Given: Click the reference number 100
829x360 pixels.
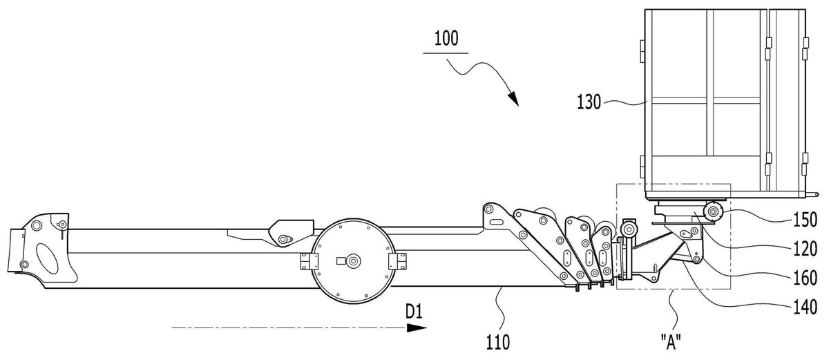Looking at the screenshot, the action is coord(446,39).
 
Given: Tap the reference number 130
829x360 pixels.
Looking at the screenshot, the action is coord(589,102).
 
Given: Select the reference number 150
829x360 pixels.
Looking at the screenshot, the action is coord(806,220).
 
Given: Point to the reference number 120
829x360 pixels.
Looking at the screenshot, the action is coord(806,249).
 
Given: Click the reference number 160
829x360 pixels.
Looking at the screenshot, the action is coord(806,278).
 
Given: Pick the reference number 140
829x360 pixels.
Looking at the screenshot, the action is coord(806,307).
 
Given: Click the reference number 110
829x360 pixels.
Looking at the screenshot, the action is coord(498,342).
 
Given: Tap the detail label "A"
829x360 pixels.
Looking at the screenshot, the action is coord(671,342).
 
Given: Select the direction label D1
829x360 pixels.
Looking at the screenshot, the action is coord(414,312).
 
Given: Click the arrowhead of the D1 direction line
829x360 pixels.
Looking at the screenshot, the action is coord(417,328).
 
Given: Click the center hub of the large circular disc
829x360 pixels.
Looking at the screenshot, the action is coord(354,261).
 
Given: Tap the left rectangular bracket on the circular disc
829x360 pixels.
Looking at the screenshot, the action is coord(309,261).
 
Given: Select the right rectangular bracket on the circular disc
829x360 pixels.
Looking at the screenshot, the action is coord(397,261).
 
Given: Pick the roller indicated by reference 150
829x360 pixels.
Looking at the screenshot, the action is coord(712,212).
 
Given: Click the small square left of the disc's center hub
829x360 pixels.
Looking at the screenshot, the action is coord(341,260).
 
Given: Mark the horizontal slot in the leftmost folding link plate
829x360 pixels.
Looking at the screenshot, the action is coord(497,222).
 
